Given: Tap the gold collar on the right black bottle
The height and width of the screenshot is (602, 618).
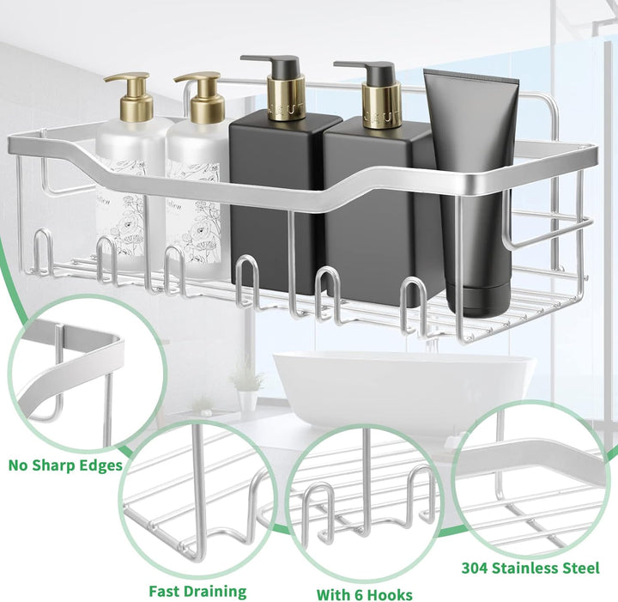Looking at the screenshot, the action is tap(381, 106).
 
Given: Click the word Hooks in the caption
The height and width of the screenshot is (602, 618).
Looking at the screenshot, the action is tap(391, 594).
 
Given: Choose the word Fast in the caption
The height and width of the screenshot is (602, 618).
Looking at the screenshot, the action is tap(165, 592).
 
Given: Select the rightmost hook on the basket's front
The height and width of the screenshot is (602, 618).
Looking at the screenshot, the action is tap(413, 303).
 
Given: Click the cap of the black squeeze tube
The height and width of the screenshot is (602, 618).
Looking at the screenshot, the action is tap(478, 300).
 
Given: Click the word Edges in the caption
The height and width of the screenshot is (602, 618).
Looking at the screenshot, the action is tap(101, 466).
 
